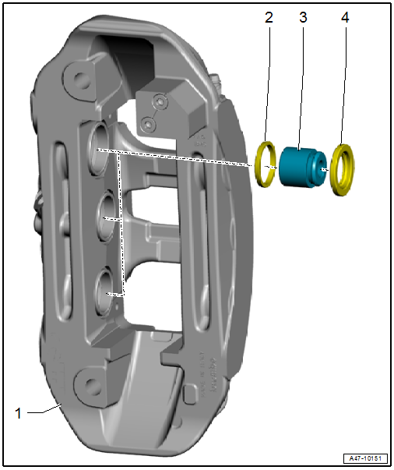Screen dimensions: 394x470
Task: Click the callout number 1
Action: coord(18,413)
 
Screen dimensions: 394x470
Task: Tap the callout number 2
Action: coord(269,17)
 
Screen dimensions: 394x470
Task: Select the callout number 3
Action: coord(303,17)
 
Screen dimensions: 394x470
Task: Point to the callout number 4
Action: coord(345,17)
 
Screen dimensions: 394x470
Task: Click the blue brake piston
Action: coord(302,168)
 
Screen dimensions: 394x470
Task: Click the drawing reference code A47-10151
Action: coord(365,458)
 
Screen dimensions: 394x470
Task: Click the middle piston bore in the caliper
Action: coord(106,217)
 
